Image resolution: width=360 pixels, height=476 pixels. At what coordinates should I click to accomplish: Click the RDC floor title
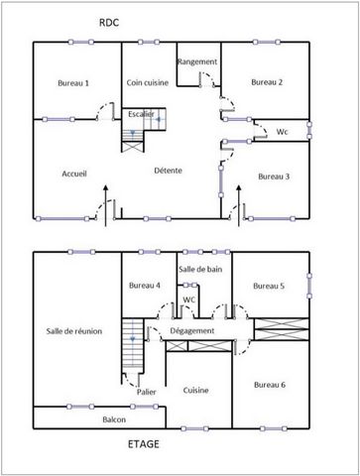point(109,23)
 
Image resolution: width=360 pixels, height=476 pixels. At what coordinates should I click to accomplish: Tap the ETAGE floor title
point(144,444)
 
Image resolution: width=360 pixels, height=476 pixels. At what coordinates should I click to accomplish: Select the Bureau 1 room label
point(73,83)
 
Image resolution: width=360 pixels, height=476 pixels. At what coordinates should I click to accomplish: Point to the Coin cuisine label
point(148,82)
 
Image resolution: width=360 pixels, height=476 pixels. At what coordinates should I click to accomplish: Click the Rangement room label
point(197,61)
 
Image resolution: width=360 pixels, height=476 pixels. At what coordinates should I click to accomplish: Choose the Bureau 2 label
point(267,82)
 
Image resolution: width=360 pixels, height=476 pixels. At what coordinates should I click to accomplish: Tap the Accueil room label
point(74,174)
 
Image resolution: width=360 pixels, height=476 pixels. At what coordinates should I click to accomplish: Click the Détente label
point(168,171)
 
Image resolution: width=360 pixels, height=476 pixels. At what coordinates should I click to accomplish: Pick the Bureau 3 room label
point(274,177)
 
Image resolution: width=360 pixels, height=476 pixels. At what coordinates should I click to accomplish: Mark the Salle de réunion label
point(74,331)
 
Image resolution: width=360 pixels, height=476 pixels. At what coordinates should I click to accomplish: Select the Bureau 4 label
point(145,286)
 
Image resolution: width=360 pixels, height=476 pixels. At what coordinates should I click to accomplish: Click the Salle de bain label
point(200,270)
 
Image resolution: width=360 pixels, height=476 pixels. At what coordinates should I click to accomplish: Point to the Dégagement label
point(192,331)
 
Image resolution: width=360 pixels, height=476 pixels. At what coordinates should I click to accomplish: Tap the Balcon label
point(114,419)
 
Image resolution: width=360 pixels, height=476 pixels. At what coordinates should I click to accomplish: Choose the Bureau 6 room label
point(270,385)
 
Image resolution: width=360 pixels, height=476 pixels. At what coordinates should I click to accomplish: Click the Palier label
point(147,392)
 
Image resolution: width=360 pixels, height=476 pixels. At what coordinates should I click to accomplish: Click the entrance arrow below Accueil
point(106,205)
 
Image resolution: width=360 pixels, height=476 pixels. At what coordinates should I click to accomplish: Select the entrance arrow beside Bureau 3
point(239,205)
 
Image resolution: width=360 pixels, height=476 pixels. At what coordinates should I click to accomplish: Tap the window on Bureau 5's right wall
point(309,286)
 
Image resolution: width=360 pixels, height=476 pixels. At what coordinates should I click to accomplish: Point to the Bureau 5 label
point(269,286)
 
